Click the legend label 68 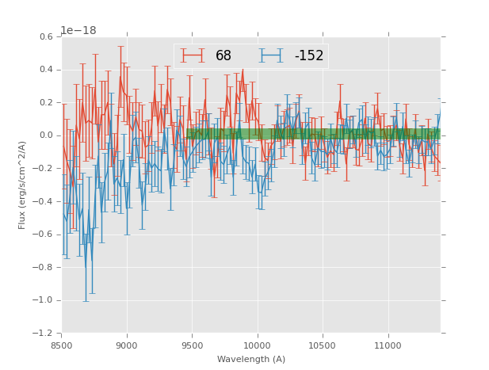pyautogui.click(x=223, y=55)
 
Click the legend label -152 pyautogui.click(x=309, y=55)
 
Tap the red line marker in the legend pyautogui.click(x=193, y=55)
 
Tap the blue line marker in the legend pyautogui.click(x=274, y=55)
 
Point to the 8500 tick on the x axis pyautogui.click(x=62, y=345)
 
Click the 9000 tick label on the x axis pyautogui.click(x=127, y=345)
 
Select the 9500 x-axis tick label pyautogui.click(x=192, y=345)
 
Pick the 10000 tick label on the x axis pyautogui.click(x=258, y=345)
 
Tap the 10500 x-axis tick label pyautogui.click(x=323, y=345)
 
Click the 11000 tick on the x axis pyautogui.click(x=388, y=345)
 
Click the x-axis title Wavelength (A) pyautogui.click(x=251, y=360)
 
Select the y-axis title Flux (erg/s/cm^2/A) pyautogui.click(x=23, y=185)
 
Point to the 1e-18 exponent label pyautogui.click(x=78, y=30)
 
